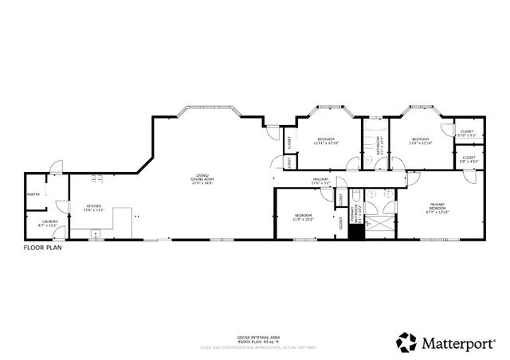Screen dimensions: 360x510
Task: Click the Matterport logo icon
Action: (406, 342)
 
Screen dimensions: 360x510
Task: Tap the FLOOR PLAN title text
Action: (41, 248)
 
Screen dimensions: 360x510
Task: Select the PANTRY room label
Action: (33, 194)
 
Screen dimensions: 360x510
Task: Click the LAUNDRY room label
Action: (49, 223)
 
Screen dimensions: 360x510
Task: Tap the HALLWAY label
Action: (321, 181)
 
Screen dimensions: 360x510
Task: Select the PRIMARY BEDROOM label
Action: (437, 209)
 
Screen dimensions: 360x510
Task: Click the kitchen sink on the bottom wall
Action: (96, 235)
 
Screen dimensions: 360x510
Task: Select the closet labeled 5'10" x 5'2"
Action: (466, 133)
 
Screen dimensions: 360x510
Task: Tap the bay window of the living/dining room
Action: (206, 108)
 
